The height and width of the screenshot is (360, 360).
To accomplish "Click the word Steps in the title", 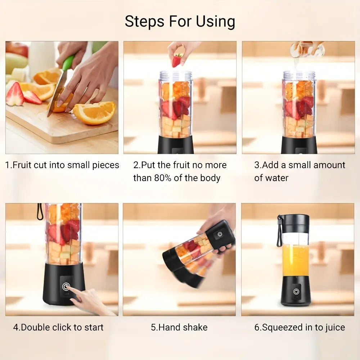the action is coord(144,21).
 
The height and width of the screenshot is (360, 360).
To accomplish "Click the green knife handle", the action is coord(68,63).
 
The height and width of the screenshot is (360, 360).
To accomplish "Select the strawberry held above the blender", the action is coord(177,60).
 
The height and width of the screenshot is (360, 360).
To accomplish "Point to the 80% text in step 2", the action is coord(163,178).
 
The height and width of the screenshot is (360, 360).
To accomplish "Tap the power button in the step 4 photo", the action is coord(66,286).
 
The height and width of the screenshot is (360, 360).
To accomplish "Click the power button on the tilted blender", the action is coord(220,234).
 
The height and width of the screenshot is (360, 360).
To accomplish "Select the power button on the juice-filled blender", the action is coord(296,292).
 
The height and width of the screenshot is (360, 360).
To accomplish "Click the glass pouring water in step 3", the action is coord(307,49).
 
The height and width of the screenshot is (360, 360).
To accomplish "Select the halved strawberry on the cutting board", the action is coord(15,95).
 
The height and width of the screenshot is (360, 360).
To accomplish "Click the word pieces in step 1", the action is coord(105,166).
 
